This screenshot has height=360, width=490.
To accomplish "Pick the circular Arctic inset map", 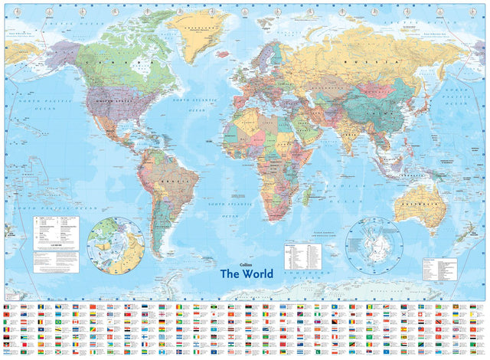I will tap(116, 244).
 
